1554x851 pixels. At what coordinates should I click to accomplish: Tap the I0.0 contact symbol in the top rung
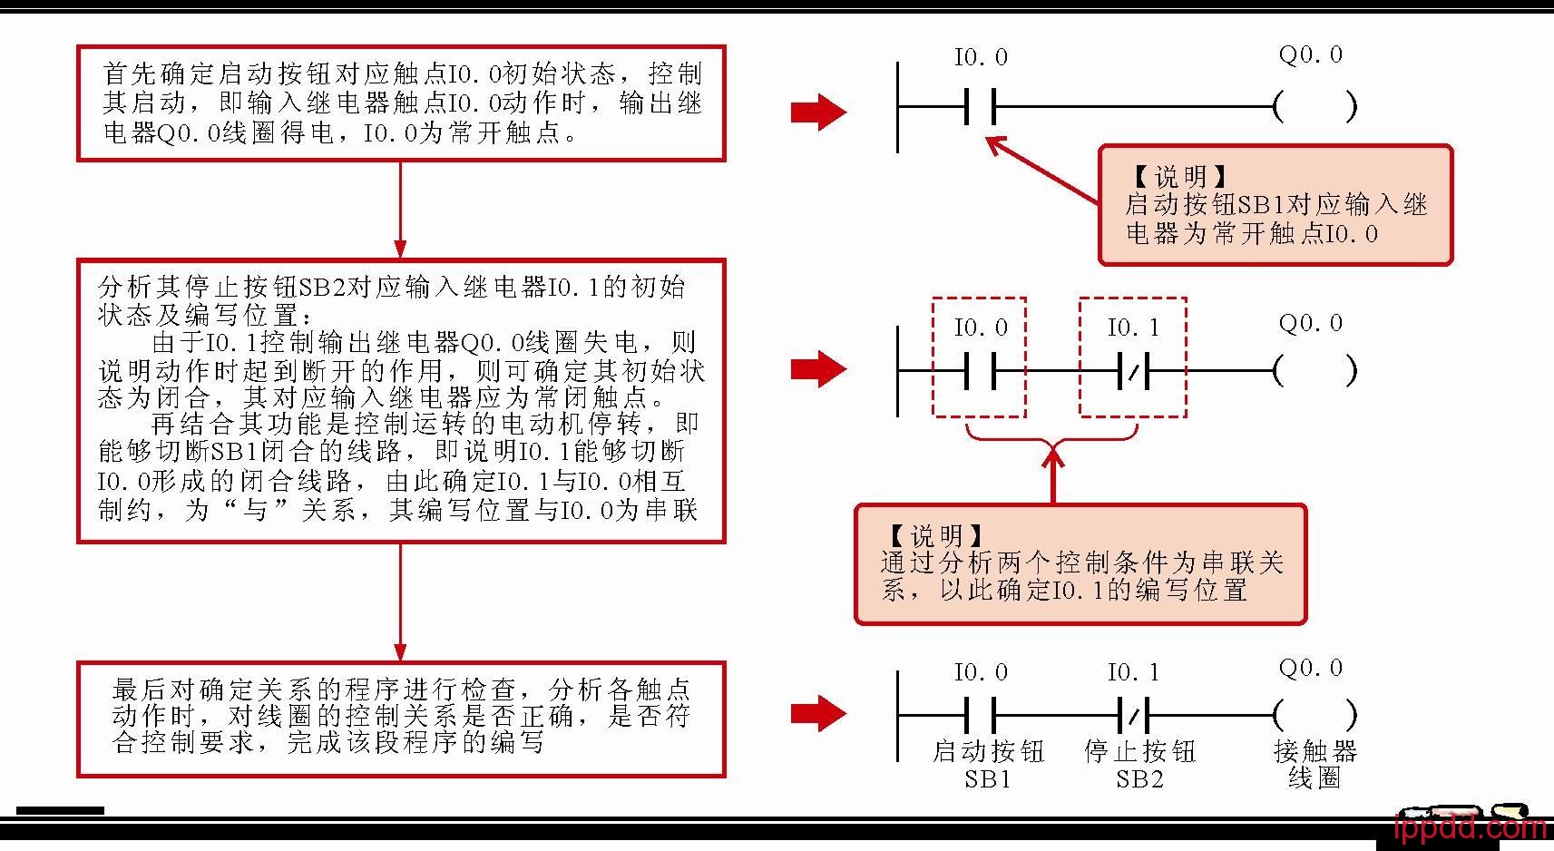click(x=980, y=107)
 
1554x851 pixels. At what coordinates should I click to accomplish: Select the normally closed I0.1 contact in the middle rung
click(x=1132, y=370)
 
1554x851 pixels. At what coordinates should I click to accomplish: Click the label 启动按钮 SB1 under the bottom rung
click(x=988, y=764)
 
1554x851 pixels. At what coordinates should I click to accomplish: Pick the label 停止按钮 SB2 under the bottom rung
click(x=1139, y=764)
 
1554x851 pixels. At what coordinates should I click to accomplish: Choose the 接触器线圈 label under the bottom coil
click(x=1315, y=764)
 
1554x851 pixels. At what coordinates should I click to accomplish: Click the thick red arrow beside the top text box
click(x=818, y=112)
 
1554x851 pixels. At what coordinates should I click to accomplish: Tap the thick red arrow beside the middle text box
click(x=818, y=369)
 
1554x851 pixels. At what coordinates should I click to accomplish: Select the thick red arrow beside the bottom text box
click(x=818, y=713)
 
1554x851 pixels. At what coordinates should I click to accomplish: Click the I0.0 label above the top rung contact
click(x=981, y=58)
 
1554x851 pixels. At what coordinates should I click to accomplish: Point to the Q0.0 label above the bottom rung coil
click(x=1310, y=669)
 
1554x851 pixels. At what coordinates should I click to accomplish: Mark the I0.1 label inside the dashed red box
click(x=1133, y=328)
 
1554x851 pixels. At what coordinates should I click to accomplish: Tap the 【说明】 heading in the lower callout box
click(x=934, y=535)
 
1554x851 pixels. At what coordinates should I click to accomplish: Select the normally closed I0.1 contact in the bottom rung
click(x=1132, y=715)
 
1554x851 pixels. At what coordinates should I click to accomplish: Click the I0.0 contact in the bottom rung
click(x=980, y=715)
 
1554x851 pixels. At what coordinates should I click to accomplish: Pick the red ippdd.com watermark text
click(x=1470, y=828)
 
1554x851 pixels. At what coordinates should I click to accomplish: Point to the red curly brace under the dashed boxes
click(x=1052, y=435)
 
